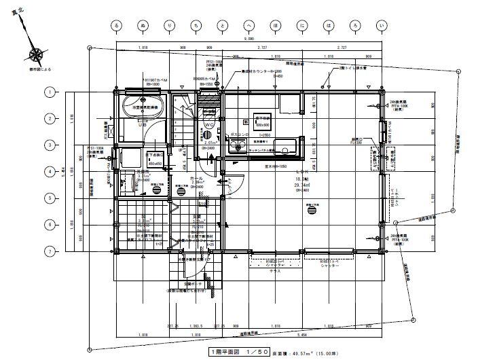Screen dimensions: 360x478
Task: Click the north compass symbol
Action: coord(35,54)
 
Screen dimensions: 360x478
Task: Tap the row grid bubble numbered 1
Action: coord(50,91)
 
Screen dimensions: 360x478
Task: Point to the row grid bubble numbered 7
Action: coord(50,251)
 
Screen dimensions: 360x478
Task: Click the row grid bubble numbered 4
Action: coord(50,171)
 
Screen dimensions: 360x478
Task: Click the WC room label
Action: coord(209,125)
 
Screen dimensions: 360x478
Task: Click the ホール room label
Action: coord(197,177)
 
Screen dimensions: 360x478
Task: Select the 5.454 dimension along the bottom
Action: coord(319,336)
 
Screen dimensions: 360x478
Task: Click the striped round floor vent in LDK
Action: coord(313,209)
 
